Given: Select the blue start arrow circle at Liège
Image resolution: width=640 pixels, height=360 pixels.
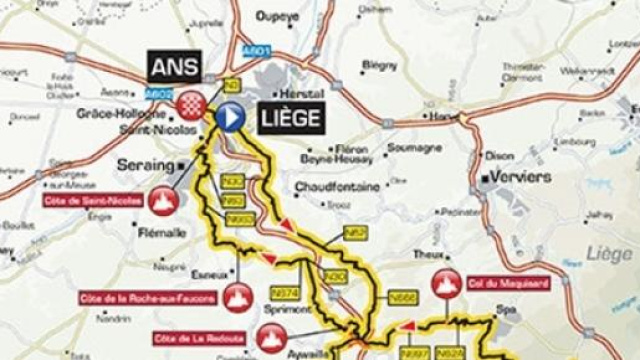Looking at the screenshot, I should click(x=231, y=117).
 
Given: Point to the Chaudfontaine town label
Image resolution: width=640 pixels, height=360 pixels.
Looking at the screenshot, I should click(x=336, y=187).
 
